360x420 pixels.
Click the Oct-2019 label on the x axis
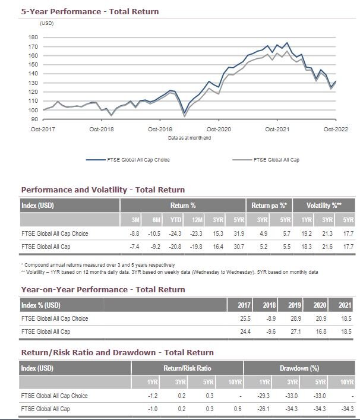coord(160,129)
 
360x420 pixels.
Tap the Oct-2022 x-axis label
coord(336,129)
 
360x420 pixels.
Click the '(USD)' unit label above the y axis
coord(47,23)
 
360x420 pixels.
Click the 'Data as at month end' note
coord(189,138)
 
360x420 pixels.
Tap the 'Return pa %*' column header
coord(269,206)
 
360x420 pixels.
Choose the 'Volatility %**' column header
coord(323,206)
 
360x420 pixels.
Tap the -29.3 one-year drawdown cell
coord(264,396)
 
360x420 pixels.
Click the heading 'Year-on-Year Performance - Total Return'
coord(103,289)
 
